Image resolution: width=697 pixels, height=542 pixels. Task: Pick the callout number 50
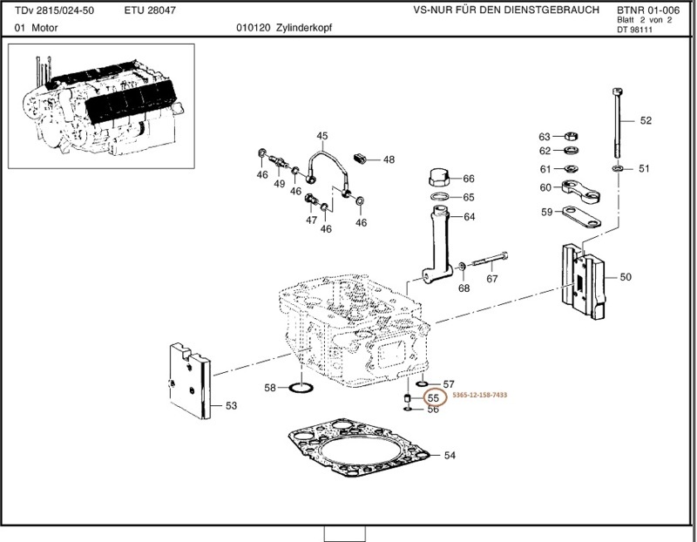(626, 278)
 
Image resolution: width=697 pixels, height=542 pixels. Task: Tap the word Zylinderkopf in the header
(303, 28)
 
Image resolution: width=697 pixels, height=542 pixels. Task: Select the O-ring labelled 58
(301, 386)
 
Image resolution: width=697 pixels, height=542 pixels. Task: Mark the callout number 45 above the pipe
(322, 136)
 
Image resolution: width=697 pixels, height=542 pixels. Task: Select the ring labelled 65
(441, 199)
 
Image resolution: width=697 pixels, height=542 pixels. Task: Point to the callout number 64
(469, 217)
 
